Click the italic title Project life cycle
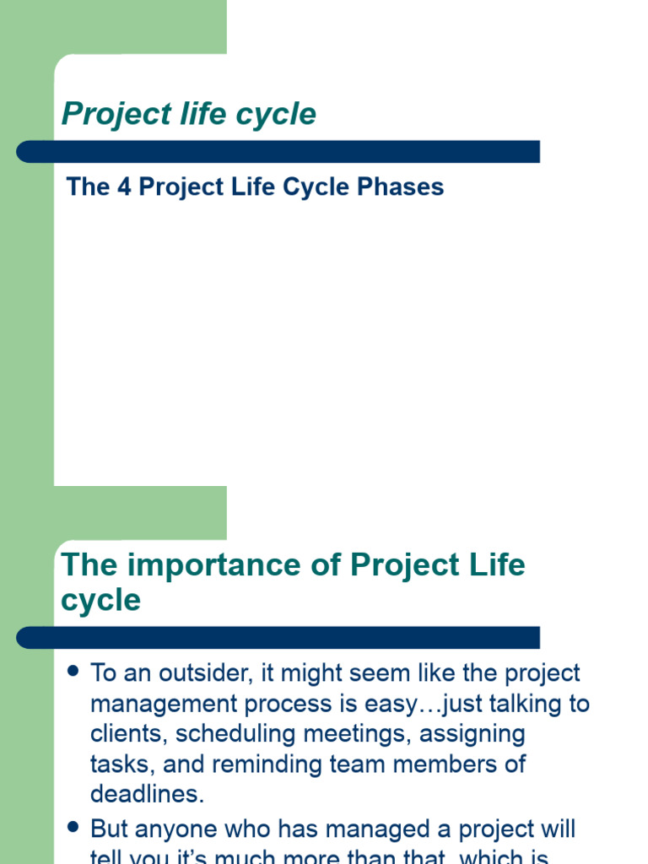pos(189,114)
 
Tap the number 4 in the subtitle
pos(124,186)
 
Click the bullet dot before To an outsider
pos(72,672)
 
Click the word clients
pos(121,734)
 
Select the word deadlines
pos(148,795)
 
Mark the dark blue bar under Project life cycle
pos(278,152)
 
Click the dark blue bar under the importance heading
pos(278,638)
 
